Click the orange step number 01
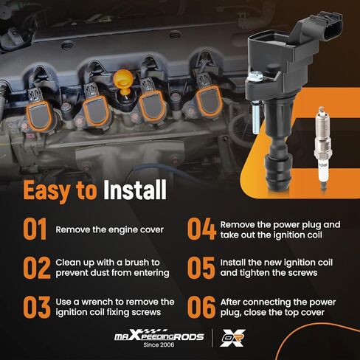pyautogui.click(x=35, y=229)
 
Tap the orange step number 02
pyautogui.click(x=37, y=268)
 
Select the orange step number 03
pyautogui.click(x=37, y=307)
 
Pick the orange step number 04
pyautogui.click(x=201, y=229)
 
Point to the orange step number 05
pyautogui.click(x=201, y=268)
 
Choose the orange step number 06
pyautogui.click(x=201, y=307)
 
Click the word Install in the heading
pyautogui.click(x=135, y=190)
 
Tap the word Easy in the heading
pyautogui.click(x=46, y=191)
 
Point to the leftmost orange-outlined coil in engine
pyautogui.click(x=39, y=116)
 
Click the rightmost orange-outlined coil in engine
pyautogui.click(x=209, y=101)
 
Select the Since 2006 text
pyautogui.click(x=159, y=345)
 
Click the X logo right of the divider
pyautogui.click(x=232, y=338)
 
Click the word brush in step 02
pyautogui.click(x=138, y=263)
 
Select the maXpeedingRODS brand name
pyautogui.click(x=159, y=335)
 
